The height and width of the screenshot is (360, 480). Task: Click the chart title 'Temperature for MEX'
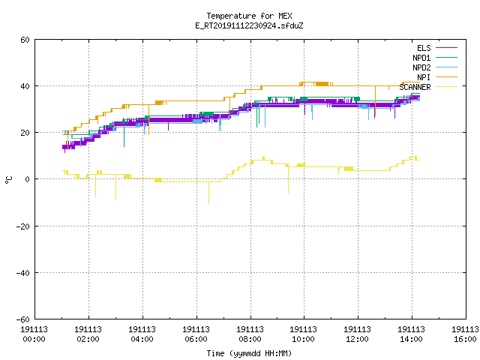[x=249, y=16]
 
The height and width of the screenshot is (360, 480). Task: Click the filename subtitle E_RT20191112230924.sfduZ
[x=249, y=25]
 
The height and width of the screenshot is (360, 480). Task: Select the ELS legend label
[x=424, y=48]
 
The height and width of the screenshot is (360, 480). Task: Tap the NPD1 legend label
[x=421, y=58]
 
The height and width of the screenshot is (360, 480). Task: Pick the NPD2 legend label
[x=421, y=67]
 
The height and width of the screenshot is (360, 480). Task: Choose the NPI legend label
[x=424, y=77]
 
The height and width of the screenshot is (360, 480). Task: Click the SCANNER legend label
[x=415, y=87]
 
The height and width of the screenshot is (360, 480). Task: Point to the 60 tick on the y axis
[x=25, y=40]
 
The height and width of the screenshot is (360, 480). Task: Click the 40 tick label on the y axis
[x=25, y=86]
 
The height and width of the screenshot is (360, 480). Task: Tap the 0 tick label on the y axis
[x=27, y=179]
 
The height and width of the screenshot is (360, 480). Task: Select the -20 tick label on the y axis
[x=23, y=226]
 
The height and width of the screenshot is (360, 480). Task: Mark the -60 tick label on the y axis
[x=23, y=319]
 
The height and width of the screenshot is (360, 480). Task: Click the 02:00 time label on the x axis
[x=88, y=339]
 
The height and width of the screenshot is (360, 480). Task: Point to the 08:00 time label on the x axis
[x=250, y=339]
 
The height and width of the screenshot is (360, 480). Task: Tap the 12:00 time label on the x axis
[x=357, y=339]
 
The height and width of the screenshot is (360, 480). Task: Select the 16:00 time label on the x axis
[x=465, y=339]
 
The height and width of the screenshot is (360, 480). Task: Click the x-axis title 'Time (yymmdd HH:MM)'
[x=249, y=353]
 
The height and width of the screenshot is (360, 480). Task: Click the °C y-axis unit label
[x=8, y=180]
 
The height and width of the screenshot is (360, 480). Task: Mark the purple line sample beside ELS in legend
[x=446, y=48]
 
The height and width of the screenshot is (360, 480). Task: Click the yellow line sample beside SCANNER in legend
[x=446, y=87]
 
